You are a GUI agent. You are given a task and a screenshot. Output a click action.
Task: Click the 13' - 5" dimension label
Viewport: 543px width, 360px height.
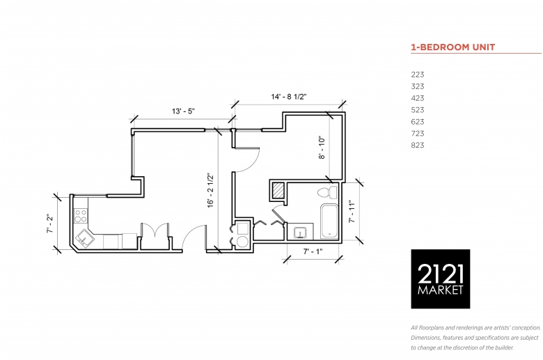pyautogui.click(x=184, y=111)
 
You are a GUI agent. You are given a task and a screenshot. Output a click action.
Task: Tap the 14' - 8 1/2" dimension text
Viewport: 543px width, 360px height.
pyautogui.click(x=289, y=97)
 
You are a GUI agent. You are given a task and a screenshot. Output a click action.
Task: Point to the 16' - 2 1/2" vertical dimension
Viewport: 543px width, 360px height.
pyautogui.click(x=210, y=191)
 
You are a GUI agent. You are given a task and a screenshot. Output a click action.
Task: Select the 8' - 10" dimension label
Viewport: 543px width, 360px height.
pyautogui.click(x=322, y=148)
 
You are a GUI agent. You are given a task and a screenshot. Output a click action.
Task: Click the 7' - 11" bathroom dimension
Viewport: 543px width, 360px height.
pyautogui.click(x=352, y=212)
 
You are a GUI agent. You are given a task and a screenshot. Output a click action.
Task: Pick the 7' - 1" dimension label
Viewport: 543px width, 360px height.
pyautogui.click(x=313, y=251)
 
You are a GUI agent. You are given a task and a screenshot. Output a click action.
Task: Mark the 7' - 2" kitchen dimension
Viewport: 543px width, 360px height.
pyautogui.click(x=50, y=223)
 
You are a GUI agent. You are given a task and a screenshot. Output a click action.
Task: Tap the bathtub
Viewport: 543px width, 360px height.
pyautogui.click(x=329, y=221)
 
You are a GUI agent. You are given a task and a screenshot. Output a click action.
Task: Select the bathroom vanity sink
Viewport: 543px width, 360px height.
pyautogui.click(x=300, y=232)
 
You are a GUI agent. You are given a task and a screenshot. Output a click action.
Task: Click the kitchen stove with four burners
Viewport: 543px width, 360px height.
pyautogui.click(x=81, y=216)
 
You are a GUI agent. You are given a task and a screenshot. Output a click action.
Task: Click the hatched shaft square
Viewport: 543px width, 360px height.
pyautogui.click(x=278, y=190)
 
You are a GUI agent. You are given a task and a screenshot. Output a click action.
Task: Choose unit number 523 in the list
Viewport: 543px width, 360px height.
pyautogui.click(x=418, y=110)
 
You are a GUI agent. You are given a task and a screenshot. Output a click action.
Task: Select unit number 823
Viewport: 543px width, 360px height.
pyautogui.click(x=418, y=145)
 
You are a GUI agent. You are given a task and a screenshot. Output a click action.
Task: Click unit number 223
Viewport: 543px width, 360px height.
pyautogui.click(x=418, y=75)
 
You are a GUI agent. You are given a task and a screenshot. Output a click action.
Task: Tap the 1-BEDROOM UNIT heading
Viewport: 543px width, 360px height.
pyautogui.click(x=453, y=47)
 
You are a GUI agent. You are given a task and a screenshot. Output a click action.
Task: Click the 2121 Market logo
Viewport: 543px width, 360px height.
pyautogui.click(x=441, y=279)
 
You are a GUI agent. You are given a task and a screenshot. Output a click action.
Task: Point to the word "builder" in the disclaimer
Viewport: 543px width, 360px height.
pyautogui.click(x=503, y=347)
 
